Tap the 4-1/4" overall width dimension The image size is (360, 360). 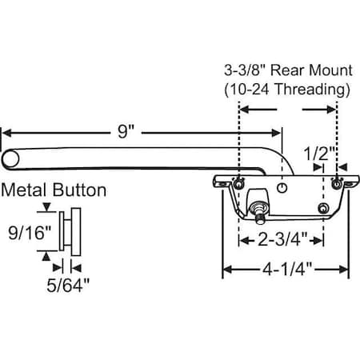286,270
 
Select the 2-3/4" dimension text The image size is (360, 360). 281,238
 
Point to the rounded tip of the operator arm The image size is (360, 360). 10,158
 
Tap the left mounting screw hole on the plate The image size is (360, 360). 240,184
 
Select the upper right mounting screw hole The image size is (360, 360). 336,185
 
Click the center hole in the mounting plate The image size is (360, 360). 284,186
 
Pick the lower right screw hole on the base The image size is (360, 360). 322,209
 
